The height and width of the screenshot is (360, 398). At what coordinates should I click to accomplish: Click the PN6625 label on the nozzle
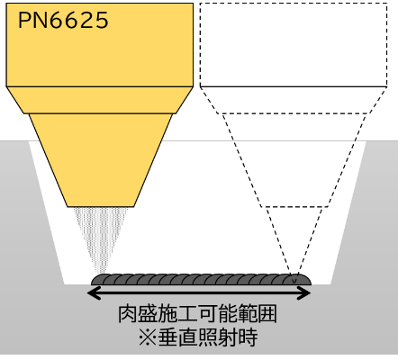63,21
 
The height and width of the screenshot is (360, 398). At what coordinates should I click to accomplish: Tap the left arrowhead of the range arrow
93,292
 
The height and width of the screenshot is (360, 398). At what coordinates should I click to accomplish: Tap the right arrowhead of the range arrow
303,292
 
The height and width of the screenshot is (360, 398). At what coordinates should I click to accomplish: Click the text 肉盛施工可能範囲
197,314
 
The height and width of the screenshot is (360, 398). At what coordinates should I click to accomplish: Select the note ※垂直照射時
198,337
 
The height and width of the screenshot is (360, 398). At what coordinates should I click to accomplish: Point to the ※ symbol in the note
148,337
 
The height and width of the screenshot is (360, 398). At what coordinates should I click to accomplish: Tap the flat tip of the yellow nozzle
101,206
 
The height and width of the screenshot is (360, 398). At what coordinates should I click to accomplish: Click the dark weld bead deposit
201,279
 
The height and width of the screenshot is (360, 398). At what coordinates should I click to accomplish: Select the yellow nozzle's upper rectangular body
100,45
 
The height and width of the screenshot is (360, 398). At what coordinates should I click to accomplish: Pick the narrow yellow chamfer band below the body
100,100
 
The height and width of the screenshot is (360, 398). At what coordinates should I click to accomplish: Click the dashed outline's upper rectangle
294,45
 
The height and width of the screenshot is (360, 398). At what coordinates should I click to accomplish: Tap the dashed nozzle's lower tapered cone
294,160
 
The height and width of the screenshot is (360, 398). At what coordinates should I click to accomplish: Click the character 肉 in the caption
128,314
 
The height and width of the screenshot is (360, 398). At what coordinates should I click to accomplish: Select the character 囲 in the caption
267,314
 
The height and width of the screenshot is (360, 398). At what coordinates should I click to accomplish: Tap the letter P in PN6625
24,21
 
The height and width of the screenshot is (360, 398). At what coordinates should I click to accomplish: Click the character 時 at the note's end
249,337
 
